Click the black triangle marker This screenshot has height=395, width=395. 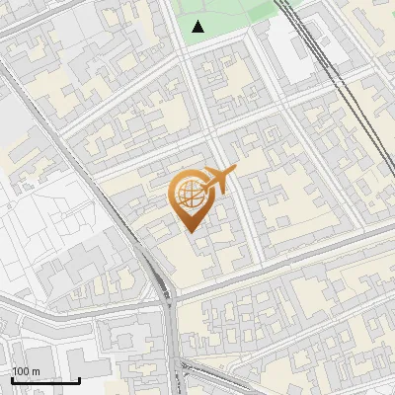[x=198, y=27]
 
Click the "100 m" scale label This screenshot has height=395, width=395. [x=26, y=371]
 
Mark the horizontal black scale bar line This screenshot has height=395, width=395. [x=45, y=380]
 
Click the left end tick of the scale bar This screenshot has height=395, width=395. [x=12, y=378]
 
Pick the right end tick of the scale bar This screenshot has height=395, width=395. [x=79, y=378]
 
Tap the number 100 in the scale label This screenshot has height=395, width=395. [x=21, y=371]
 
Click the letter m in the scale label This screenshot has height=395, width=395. [x=36, y=371]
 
